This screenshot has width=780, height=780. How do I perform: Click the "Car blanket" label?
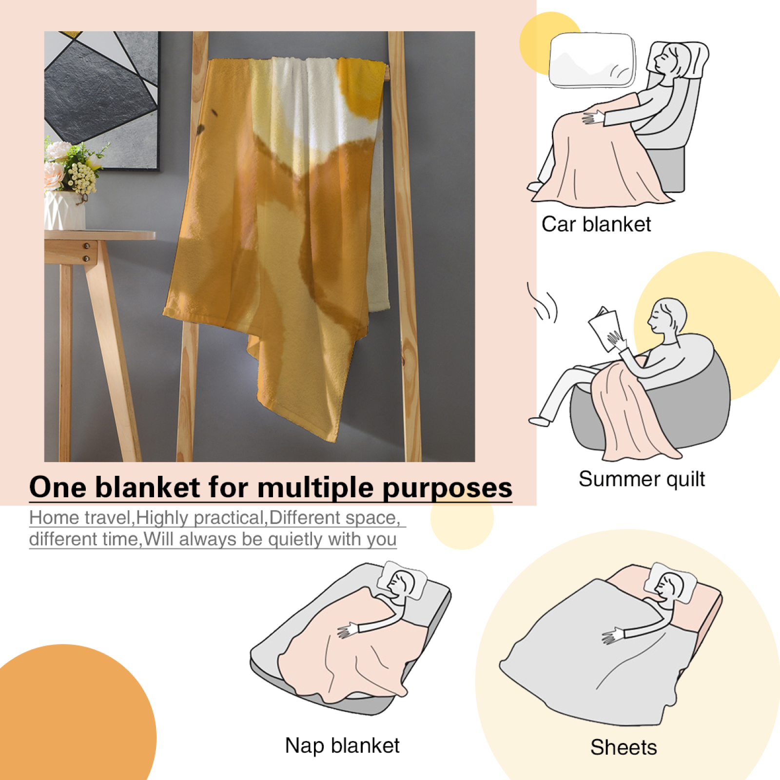[596, 224]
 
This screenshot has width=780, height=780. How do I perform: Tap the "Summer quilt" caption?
[642, 479]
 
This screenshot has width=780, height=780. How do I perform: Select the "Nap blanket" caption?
[342, 745]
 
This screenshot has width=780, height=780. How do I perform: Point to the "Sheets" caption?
[624, 747]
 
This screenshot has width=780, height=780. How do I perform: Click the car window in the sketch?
[593, 60]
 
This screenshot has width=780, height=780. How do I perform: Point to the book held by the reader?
[604, 329]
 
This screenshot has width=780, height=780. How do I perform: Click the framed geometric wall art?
[101, 100]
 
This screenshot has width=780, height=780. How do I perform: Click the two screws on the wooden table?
[86, 252]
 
